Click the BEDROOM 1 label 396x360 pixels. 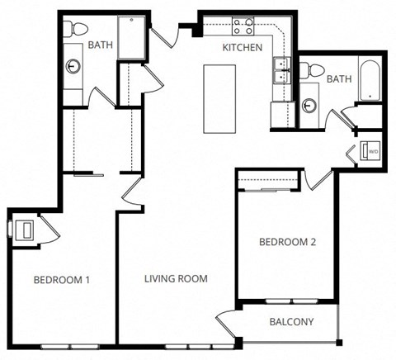[61, 280]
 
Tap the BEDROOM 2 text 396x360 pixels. [287, 242]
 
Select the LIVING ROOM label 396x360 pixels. [177, 279]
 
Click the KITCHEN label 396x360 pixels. [243, 47]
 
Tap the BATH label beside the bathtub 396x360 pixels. [338, 78]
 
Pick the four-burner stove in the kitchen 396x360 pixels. [242, 26]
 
